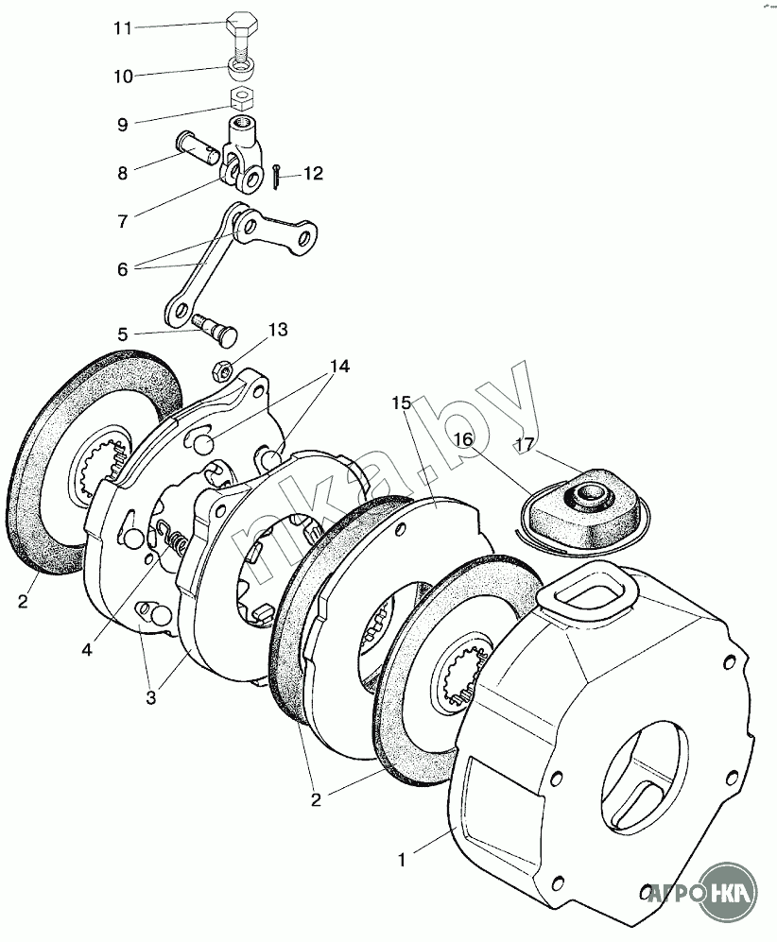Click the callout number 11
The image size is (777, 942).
pos(123,27)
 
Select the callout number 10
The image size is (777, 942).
pos(123,77)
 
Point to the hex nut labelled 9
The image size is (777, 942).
pos(241,97)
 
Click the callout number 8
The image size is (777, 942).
pos(122,173)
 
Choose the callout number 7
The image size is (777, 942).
pos(122,222)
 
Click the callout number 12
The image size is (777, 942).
pos(312,174)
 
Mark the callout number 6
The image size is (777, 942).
pos(122,268)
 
